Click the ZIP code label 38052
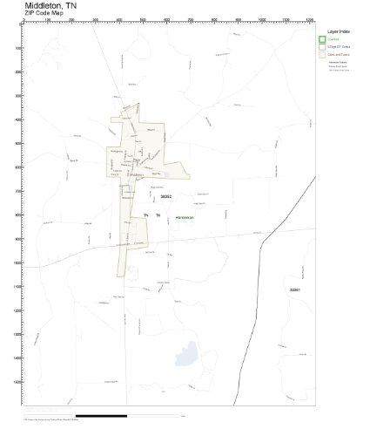point(156,196)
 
